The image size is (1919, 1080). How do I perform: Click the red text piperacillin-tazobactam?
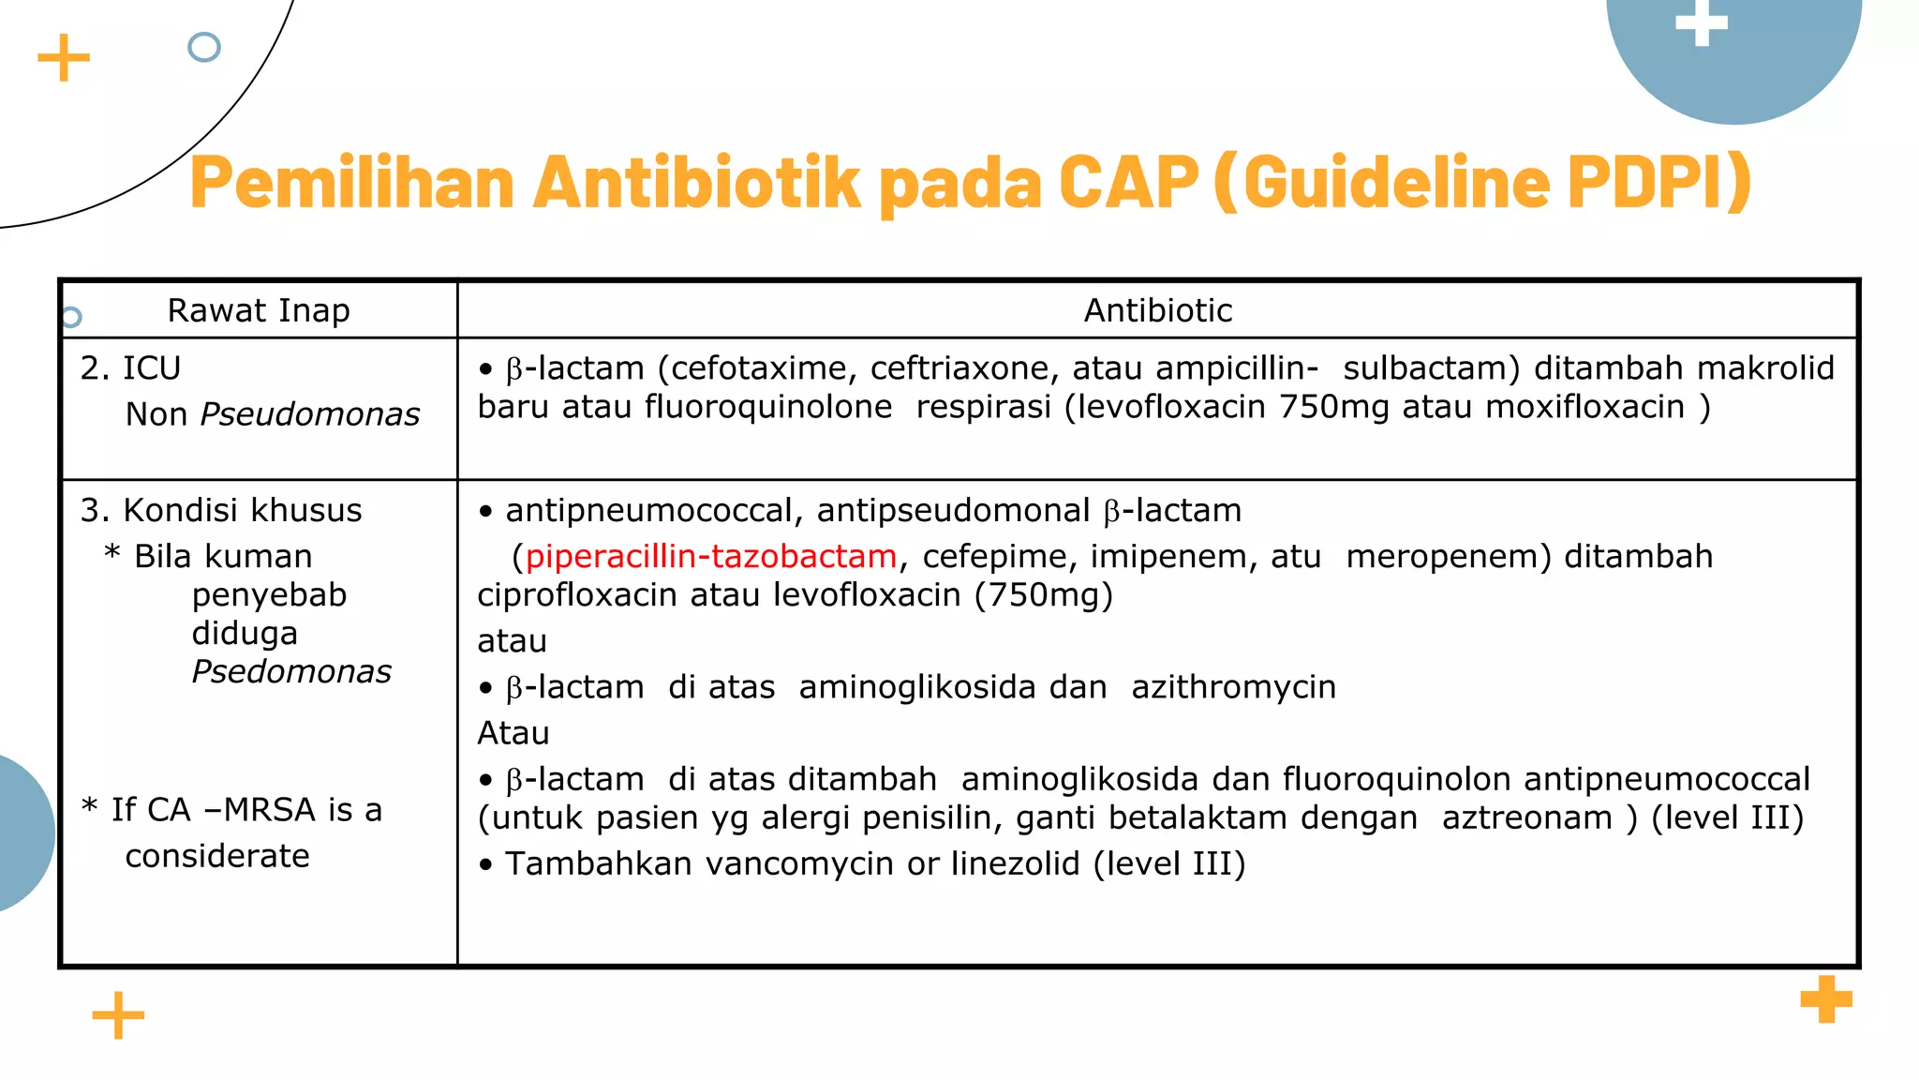710,557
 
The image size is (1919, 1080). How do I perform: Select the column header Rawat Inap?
259,310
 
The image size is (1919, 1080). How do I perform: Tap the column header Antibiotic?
1158,310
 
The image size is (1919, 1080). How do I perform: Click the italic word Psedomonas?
291,672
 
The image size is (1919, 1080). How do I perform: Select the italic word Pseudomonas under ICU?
310,414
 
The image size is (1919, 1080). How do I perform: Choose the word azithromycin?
1233,687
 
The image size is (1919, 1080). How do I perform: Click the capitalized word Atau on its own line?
513,733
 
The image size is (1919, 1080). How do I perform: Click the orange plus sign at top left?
64,58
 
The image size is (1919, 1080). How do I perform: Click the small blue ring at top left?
204,47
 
